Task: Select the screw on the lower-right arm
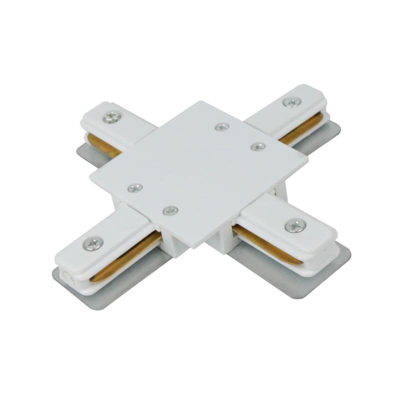pos(295,225)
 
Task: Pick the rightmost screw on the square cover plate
pos(258,146)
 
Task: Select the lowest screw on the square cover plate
pos(170,210)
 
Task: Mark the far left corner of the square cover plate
pos(90,175)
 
